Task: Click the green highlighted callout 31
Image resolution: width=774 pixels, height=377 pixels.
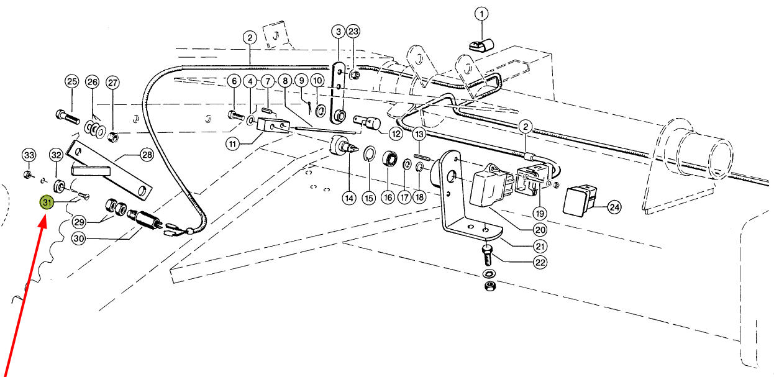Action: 47,202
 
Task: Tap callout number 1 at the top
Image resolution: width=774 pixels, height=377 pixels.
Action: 481,14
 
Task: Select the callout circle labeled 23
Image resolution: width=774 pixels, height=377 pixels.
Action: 353,32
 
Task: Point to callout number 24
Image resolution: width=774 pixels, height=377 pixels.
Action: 614,207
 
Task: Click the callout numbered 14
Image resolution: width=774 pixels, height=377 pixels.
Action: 349,198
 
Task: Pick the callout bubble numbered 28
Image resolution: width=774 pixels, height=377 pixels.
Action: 147,155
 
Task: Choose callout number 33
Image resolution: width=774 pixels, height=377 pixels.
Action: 29,155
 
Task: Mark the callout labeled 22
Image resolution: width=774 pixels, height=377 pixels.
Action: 540,262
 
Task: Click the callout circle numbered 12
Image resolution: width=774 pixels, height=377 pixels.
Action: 396,134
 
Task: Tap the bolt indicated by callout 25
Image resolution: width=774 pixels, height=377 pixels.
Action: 67,117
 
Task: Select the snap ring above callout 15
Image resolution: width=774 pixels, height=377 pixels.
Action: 370,153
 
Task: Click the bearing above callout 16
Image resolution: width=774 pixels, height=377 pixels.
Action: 390,160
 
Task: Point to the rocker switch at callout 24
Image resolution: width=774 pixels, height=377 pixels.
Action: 580,201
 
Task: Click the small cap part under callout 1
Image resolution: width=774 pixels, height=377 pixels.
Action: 481,45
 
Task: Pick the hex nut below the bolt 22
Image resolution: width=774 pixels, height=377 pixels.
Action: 489,286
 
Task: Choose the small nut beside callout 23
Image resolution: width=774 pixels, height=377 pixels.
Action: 355,75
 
